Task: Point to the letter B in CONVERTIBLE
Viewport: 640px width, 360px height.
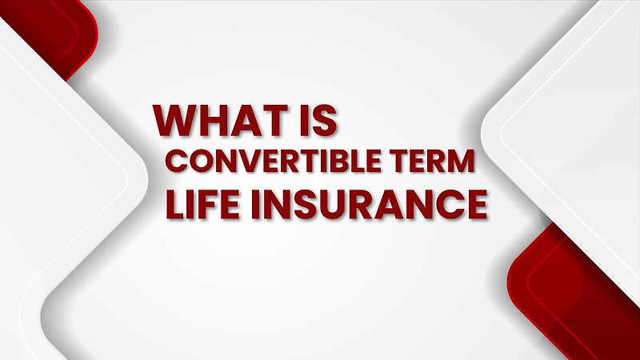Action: click(x=354, y=162)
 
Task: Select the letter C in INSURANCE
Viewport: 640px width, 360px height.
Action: click(x=443, y=204)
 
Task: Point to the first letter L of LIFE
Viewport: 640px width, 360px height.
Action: click(x=174, y=204)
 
